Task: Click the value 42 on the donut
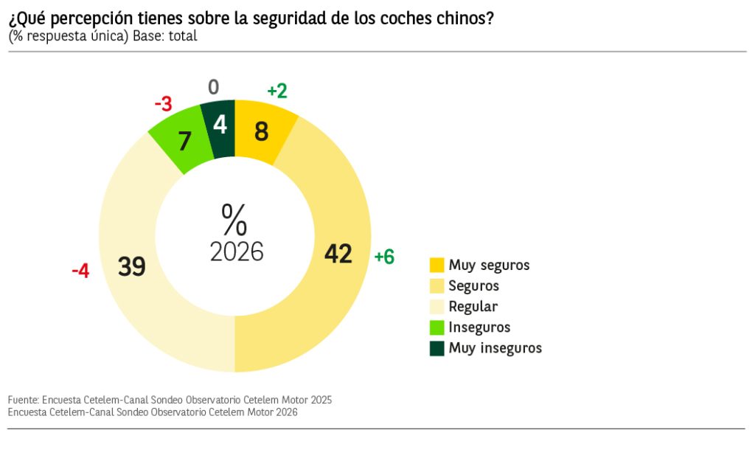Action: [338, 254]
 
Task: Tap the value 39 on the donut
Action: [132, 266]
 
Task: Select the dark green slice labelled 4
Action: [220, 126]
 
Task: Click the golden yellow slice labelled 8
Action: [262, 132]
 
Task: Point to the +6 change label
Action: [384, 257]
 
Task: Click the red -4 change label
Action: [80, 271]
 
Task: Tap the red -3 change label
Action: [163, 104]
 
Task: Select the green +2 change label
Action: [277, 91]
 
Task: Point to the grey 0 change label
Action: [214, 88]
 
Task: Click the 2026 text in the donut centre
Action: [237, 252]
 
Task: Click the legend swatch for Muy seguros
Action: [437, 265]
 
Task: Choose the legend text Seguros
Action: [473, 286]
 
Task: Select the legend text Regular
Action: [473, 307]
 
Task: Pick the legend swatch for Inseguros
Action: [437, 327]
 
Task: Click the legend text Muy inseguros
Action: [495, 348]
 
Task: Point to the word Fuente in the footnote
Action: [23, 400]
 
